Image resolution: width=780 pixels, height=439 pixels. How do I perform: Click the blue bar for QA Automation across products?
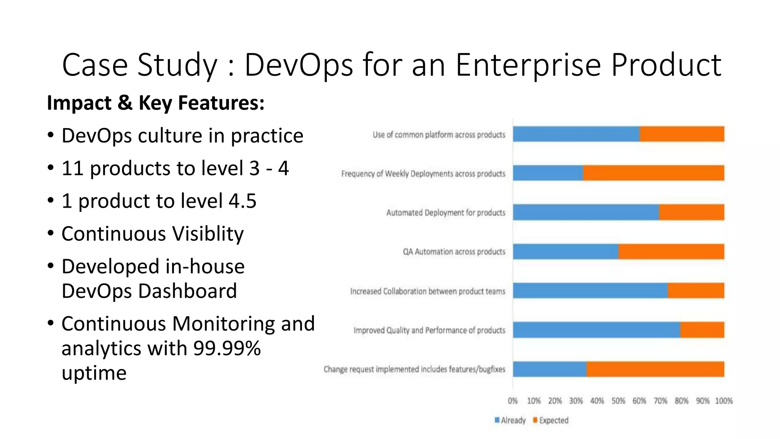(x=565, y=252)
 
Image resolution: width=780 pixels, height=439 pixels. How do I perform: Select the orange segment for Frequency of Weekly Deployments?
(x=653, y=173)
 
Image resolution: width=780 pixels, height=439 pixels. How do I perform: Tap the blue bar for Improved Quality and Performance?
(x=596, y=330)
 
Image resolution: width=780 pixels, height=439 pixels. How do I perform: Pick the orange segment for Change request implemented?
(x=655, y=369)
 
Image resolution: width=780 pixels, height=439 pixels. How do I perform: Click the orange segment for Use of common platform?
(x=682, y=134)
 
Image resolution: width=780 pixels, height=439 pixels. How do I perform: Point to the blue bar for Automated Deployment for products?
(x=586, y=212)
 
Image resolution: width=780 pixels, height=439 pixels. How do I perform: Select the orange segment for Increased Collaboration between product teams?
(x=696, y=291)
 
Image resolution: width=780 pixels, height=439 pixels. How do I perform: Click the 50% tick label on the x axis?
(x=618, y=401)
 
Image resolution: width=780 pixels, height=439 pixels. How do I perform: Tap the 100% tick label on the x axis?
(x=724, y=401)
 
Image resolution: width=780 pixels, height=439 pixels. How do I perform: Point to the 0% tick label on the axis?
(x=513, y=401)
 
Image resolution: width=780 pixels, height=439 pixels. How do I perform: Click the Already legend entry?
(x=510, y=420)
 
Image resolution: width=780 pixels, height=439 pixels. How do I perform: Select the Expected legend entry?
(x=551, y=420)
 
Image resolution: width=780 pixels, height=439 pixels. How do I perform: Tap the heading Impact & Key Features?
(x=155, y=103)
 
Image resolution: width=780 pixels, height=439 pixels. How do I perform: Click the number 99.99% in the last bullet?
(x=227, y=348)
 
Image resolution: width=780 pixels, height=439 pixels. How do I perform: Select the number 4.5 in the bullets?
(x=242, y=201)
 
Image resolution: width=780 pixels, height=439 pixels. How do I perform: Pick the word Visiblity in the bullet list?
(x=208, y=234)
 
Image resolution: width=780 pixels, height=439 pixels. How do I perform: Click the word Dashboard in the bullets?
(x=187, y=291)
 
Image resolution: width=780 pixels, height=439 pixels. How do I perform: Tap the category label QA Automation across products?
(x=454, y=252)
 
